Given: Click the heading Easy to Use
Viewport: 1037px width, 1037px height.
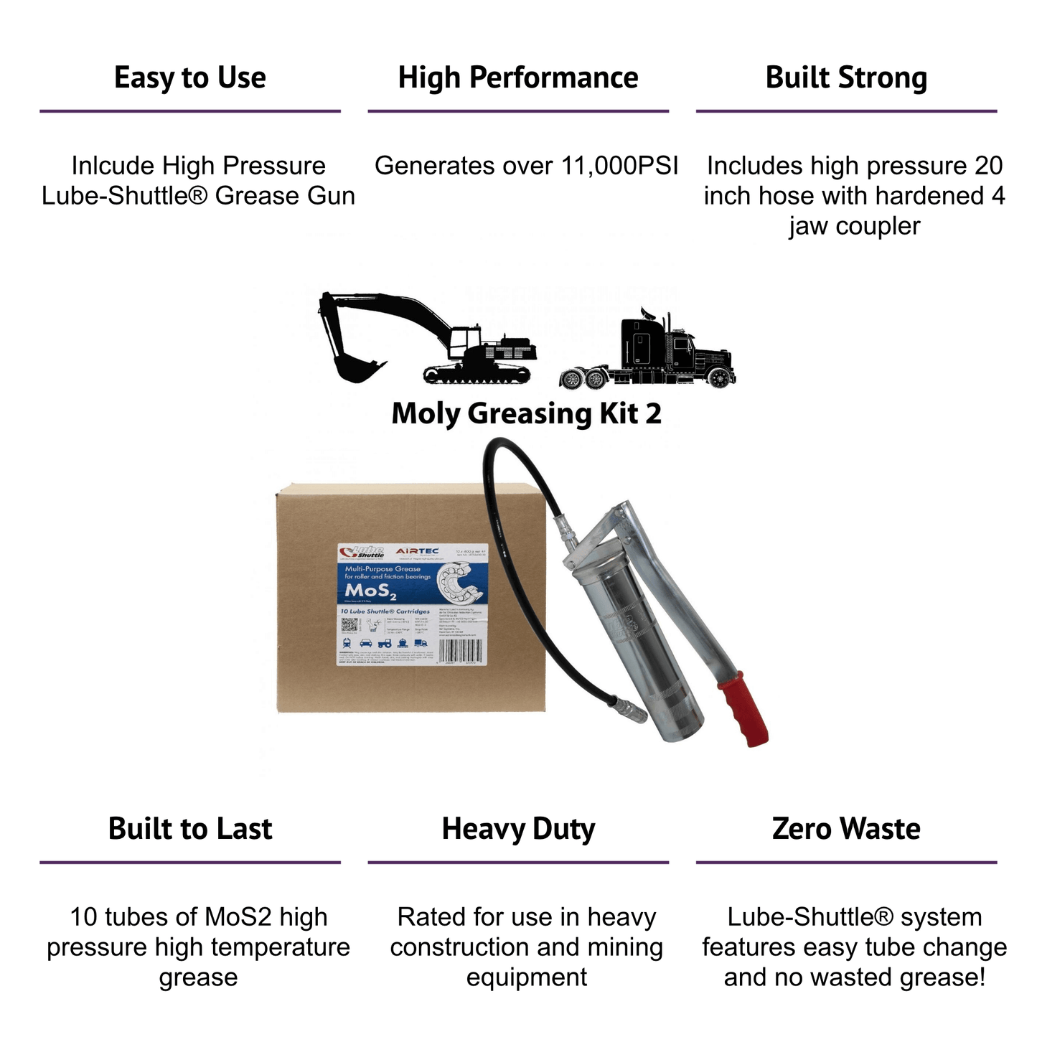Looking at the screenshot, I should point(190,78).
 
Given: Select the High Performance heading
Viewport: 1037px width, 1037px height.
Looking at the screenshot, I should point(518,78).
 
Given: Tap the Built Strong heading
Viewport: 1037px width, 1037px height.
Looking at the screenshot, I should point(846,78).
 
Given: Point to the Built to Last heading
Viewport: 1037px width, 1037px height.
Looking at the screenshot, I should point(190,828).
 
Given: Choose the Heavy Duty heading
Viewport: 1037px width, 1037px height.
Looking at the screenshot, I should point(518,829).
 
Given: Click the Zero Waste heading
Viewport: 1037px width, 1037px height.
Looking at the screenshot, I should point(846,828).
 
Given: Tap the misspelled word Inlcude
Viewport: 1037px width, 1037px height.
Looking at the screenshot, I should point(113,166).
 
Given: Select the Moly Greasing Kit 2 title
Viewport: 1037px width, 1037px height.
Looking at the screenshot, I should point(526,413).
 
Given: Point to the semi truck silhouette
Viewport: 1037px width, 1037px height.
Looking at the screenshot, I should point(649,352).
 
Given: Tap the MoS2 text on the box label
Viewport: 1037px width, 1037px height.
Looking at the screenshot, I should point(370,591).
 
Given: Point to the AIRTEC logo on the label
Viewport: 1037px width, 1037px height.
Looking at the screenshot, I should point(417,551).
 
